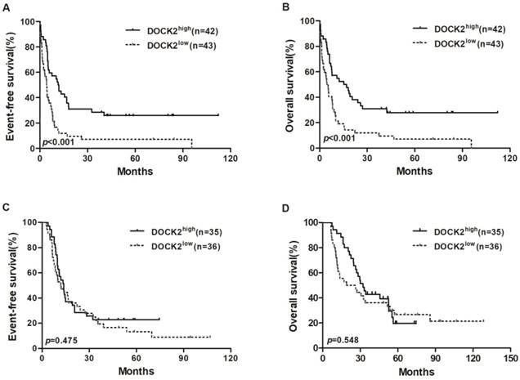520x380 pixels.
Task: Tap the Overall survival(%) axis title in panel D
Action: tap(296, 284)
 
